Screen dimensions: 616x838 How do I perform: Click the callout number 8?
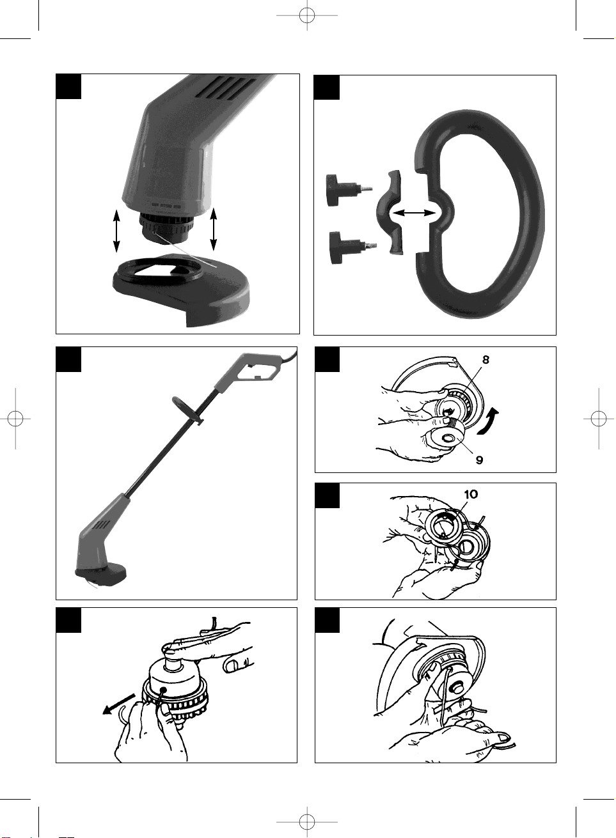click(486, 359)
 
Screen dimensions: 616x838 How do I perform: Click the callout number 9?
click(479, 460)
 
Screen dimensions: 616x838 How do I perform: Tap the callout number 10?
click(471, 494)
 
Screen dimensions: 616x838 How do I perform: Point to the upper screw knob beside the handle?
click(349, 190)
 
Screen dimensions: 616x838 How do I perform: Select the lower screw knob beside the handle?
click(352, 247)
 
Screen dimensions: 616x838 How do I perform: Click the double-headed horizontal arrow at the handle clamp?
click(413, 213)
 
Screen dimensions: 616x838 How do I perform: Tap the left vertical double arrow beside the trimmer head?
click(116, 231)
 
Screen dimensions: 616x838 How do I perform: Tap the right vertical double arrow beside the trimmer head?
click(214, 229)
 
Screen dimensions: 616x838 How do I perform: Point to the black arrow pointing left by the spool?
click(119, 704)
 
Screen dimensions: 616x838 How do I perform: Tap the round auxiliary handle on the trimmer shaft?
click(187, 409)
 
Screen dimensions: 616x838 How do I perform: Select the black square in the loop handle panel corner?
click(326, 87)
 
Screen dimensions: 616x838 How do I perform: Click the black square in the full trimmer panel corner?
click(68, 359)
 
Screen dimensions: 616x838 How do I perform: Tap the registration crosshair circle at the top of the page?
click(307, 15)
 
